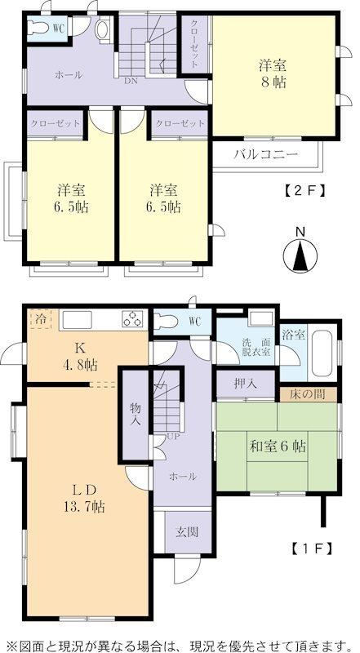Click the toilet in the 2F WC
pos(39,27)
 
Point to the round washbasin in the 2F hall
pos(102,29)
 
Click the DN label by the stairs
pos(131,81)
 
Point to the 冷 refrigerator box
pos(40,319)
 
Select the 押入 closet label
pos(245,384)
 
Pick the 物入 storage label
pos(135,413)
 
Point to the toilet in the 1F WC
pos(167,322)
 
